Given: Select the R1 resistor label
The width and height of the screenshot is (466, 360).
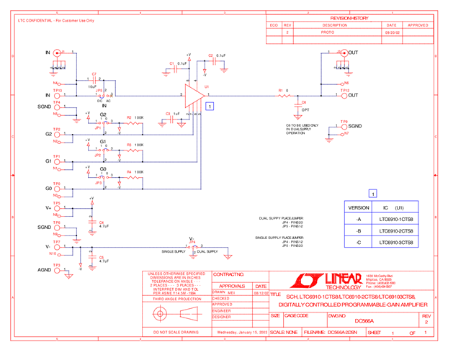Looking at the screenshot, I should [x=281, y=90].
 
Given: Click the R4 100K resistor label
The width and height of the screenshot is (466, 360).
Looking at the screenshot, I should [x=135, y=172].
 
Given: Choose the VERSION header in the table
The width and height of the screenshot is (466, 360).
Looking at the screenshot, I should [x=359, y=206].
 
